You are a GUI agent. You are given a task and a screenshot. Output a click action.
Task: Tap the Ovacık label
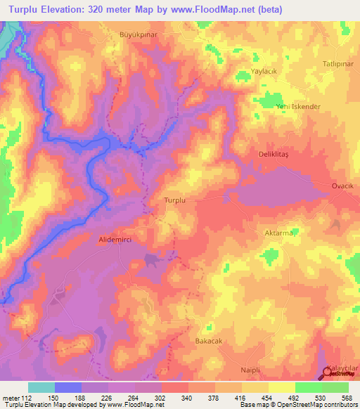345,186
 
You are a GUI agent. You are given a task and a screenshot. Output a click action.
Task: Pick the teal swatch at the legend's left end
41,387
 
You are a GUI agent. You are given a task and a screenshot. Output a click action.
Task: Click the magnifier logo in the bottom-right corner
330,374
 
